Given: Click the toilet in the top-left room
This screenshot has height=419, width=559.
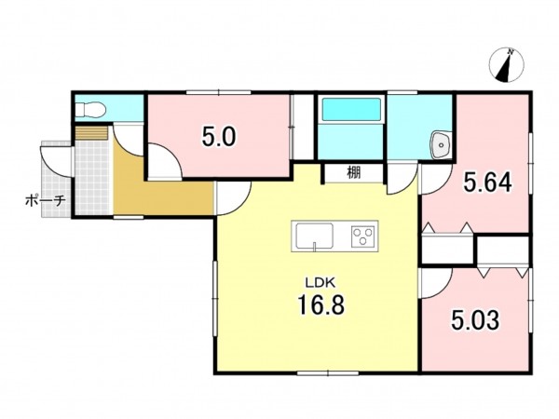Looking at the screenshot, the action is pos(90,109).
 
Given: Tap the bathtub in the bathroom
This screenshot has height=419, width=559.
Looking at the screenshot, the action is pos(351,109).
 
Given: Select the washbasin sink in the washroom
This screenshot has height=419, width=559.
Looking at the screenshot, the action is pos(441,145).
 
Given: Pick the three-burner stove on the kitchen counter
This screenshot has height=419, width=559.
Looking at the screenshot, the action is pos(363,237).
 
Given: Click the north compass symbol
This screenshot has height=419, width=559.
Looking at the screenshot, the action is pos(506,65).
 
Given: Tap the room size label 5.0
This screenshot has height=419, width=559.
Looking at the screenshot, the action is pos(219,137).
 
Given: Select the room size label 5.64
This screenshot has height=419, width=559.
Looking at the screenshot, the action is pos(487,182).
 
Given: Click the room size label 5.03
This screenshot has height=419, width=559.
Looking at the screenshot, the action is pos(475,320).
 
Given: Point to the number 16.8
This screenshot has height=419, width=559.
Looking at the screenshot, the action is pos(320,305).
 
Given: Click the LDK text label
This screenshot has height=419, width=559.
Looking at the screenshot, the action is pos(320,283).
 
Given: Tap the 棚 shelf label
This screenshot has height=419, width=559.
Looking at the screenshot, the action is pos(354,173).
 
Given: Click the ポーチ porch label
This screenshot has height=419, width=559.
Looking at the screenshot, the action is pos(46,200).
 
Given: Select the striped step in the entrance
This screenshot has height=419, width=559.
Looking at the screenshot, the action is pos(91,132).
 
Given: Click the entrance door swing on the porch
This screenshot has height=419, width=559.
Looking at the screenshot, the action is pos(56,161).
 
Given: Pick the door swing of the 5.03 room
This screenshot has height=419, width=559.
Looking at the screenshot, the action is pos(437,284).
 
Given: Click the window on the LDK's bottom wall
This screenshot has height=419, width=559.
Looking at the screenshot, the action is pos(328,373).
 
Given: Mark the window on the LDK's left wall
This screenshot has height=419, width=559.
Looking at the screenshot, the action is pos(215,298).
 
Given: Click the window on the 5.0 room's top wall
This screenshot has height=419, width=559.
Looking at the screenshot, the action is pos(218,92).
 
